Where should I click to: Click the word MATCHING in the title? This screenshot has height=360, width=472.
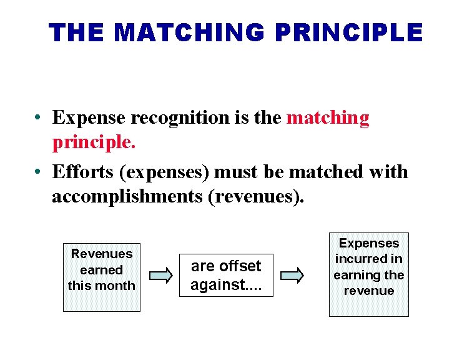[x=186, y=32]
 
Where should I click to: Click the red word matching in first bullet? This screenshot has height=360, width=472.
[x=328, y=117]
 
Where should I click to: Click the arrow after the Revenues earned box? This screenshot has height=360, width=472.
[x=160, y=275]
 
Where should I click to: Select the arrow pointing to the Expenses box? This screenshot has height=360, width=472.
[x=292, y=275]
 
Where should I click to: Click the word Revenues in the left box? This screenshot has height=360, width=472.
[x=102, y=254]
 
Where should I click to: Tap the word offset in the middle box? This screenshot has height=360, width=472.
[x=240, y=266]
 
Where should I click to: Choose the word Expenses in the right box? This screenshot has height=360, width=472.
[x=369, y=243]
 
